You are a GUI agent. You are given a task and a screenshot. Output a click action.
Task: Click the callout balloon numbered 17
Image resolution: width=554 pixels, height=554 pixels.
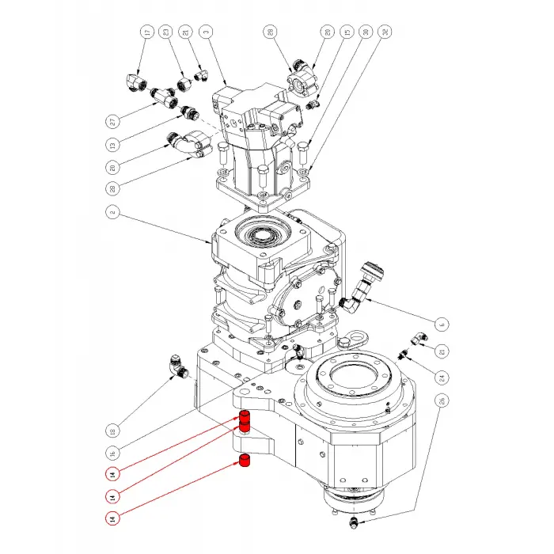[x=146, y=33]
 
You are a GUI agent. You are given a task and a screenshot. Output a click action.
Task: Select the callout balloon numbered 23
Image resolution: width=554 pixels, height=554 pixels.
[x=166, y=33]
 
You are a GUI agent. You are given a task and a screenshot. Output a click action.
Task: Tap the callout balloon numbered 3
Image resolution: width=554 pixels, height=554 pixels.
[x=206, y=33]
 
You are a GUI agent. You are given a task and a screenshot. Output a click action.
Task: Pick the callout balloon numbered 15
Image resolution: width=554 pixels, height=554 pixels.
[x=346, y=33]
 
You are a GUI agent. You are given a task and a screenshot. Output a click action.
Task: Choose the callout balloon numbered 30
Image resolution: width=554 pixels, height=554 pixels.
[x=366, y=33]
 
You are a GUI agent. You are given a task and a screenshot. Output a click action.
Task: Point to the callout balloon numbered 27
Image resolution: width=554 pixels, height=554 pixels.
[x=112, y=122]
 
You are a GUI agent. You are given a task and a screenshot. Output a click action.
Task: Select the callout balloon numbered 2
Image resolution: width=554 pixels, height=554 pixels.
[x=112, y=212]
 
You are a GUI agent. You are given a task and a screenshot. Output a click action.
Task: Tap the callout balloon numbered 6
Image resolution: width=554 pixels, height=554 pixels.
[x=442, y=323]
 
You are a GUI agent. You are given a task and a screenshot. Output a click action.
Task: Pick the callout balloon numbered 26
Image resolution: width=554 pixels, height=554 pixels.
[x=442, y=400]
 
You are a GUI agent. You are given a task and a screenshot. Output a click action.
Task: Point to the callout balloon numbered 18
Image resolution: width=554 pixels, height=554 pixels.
[x=112, y=431]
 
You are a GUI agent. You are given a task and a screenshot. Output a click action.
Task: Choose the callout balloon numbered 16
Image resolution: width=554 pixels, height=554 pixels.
[x=112, y=453]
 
